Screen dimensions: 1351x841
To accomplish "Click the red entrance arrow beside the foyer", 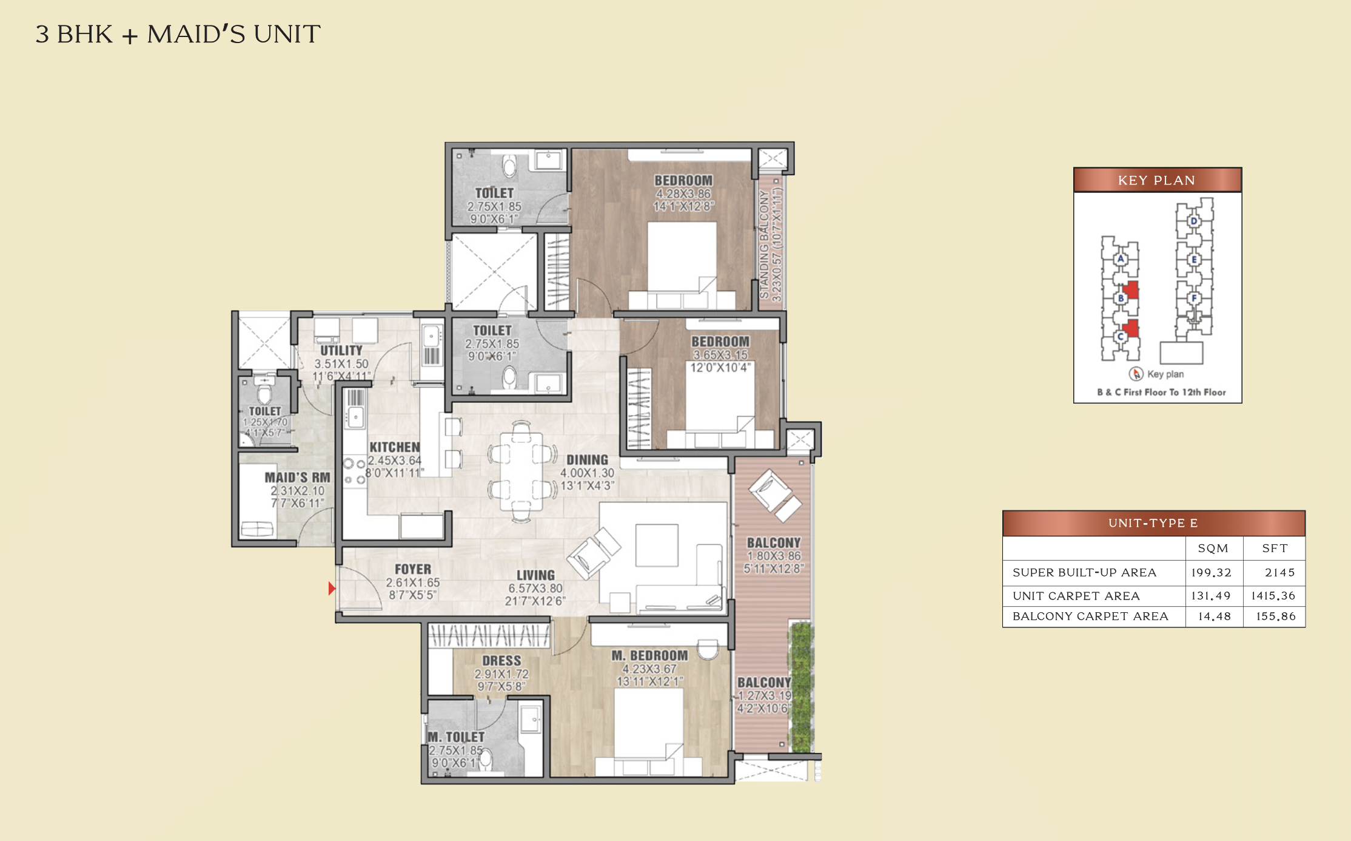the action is click(x=332, y=588).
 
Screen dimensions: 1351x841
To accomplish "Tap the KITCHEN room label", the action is click(x=395, y=447).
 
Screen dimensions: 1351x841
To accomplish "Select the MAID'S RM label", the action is click(x=298, y=478).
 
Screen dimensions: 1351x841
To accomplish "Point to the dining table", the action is click(x=521, y=471).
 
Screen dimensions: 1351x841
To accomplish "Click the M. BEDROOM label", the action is click(x=649, y=655).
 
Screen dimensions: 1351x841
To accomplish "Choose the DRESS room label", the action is click(x=501, y=660).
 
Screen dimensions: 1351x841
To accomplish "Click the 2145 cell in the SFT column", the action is click(x=1279, y=572).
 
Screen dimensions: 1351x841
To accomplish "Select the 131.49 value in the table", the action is click(x=1211, y=596).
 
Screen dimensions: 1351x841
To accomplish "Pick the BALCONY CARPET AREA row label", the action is click(x=1090, y=616).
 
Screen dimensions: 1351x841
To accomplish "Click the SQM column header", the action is click(x=1213, y=549).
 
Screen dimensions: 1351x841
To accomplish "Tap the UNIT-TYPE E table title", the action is click(x=1153, y=523).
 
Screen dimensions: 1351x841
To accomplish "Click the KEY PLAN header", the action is click(x=1156, y=180).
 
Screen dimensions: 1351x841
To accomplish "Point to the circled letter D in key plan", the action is click(x=1193, y=221).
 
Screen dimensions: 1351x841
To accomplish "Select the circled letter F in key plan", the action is click(x=1193, y=298).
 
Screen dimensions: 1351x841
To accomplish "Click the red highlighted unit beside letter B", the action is click(x=1130, y=289).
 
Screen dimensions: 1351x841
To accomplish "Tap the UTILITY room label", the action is click(x=341, y=351).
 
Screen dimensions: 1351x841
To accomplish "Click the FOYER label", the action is click(x=413, y=569).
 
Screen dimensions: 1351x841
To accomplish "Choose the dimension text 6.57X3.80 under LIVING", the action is click(x=535, y=589).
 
